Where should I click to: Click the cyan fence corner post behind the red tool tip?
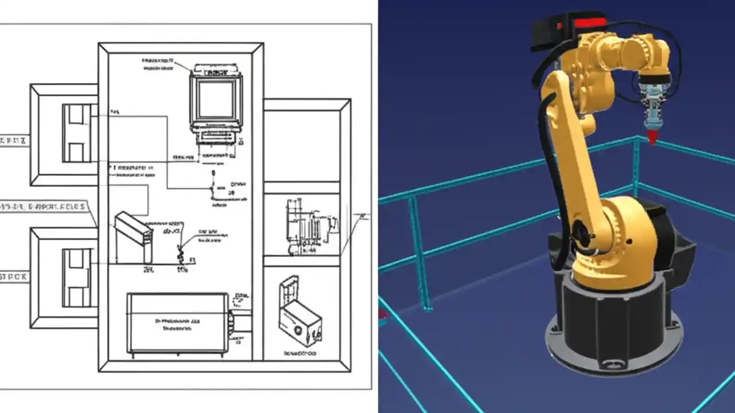[636, 166]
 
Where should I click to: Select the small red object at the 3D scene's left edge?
[382, 314]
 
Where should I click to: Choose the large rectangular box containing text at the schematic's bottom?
[177, 323]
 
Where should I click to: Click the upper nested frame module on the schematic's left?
[64, 134]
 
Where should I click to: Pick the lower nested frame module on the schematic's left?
[64, 278]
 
